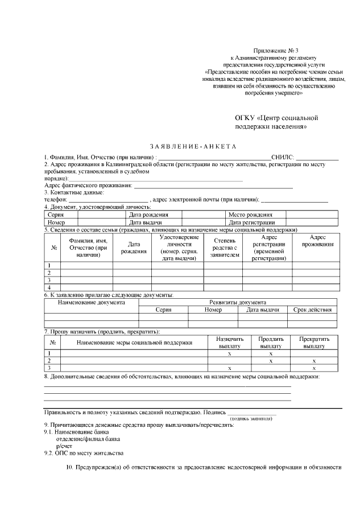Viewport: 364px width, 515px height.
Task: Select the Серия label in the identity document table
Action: [x=55, y=215]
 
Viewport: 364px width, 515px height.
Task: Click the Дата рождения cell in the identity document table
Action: [x=148, y=215]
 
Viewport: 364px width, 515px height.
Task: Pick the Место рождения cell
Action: [x=250, y=215]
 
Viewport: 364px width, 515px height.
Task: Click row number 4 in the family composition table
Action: [x=49, y=287]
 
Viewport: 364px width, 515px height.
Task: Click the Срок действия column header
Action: [x=312, y=310]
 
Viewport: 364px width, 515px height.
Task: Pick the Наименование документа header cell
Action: [x=92, y=302]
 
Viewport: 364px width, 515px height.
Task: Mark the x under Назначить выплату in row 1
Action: [x=229, y=353]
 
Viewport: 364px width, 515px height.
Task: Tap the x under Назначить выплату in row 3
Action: [x=229, y=368]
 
